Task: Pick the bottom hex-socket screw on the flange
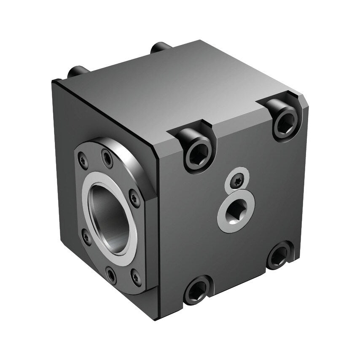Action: tap(111, 276)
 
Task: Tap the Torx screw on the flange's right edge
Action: tap(134, 197)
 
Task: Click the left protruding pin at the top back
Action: tap(78, 70)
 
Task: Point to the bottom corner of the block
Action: tap(161, 318)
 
